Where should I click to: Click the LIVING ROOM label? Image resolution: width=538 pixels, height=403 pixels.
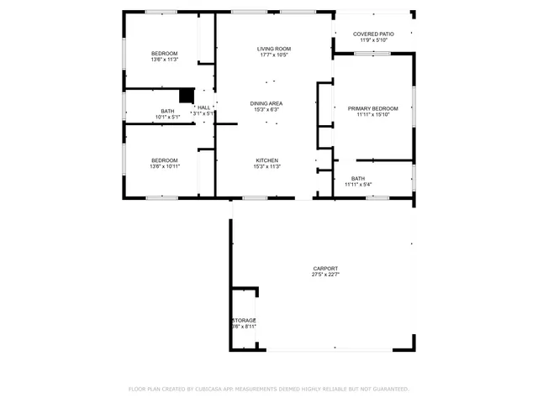pos(274,50)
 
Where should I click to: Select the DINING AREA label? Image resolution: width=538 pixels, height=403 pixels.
pos(266,103)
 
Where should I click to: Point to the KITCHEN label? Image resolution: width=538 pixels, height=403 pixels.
pos(266,160)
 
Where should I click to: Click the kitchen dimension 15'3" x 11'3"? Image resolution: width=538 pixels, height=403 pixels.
pos(266,167)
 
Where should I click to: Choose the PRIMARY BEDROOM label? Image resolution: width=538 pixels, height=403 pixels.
pos(372,108)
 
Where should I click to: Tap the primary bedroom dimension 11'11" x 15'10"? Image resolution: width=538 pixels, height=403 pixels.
pos(372,115)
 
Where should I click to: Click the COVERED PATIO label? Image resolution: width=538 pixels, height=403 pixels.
pos(373,34)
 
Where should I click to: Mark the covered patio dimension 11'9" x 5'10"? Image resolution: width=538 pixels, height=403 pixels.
pos(373,40)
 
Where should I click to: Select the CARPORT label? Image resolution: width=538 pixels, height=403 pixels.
pos(324,268)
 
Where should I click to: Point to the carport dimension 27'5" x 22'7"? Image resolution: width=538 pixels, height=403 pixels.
pos(324,275)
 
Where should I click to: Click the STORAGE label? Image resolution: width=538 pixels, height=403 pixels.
pos(244,320)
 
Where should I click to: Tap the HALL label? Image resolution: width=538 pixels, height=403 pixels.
pos(203,107)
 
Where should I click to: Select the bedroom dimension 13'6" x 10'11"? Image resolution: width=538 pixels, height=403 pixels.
pos(164,167)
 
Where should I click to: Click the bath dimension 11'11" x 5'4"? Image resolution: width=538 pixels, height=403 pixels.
pos(358,185)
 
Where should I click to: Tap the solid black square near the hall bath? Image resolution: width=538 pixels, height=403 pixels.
pos(187,96)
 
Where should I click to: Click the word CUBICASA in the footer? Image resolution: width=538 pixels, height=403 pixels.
pos(209,389)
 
